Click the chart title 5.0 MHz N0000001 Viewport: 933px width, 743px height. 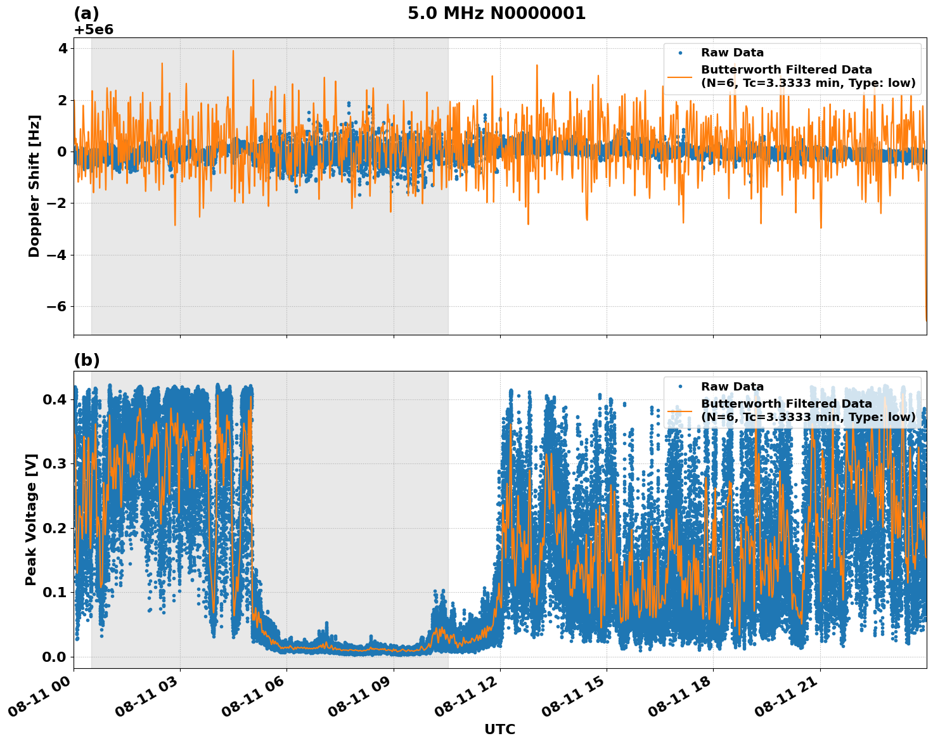coord(496,13)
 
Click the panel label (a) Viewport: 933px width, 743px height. coord(87,13)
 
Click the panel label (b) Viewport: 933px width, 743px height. coord(87,360)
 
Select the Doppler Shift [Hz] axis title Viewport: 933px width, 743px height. coord(34,186)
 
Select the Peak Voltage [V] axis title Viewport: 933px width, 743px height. coord(31,519)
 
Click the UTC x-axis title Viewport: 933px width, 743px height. coord(499,729)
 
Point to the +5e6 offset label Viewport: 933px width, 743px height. coord(94,30)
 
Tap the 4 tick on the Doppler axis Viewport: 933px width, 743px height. coord(63,49)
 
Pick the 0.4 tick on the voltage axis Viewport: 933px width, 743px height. coord(55,399)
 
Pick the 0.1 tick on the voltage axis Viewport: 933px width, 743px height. coord(55,592)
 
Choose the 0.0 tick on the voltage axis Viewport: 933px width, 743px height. coord(55,657)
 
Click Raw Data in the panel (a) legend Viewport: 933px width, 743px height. coord(732,53)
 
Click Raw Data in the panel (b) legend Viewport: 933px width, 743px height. coord(732,387)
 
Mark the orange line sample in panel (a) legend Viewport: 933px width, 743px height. coord(680,76)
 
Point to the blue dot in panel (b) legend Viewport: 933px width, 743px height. coord(680,387)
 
